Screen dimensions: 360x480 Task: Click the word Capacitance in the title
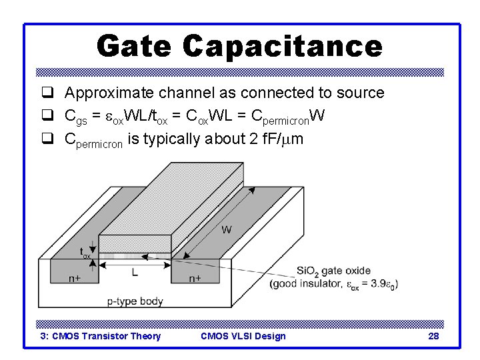point(282,46)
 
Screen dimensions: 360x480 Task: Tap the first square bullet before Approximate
point(47,93)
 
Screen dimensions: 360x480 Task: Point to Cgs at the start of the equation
point(75,117)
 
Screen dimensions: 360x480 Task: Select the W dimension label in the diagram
point(227,231)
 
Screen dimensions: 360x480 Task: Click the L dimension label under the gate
point(135,273)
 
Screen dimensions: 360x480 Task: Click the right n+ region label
point(195,278)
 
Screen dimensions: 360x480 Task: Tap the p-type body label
point(135,301)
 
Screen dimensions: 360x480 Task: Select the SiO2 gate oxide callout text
point(333,271)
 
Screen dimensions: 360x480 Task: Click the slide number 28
point(433,336)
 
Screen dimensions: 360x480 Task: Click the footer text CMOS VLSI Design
point(243,336)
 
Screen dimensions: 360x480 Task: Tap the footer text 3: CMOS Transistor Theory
point(101,336)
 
